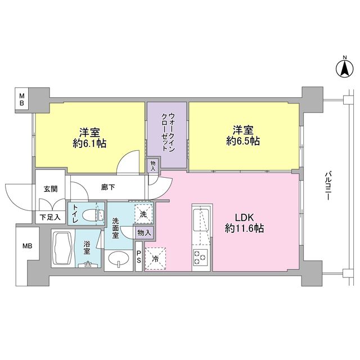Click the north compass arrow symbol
tap(345, 69)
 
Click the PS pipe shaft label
tap(139, 257)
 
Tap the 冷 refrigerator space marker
tap(155, 259)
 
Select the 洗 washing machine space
tap(143, 214)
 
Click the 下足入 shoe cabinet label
tap(50, 217)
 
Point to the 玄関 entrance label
tap(51, 189)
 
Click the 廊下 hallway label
tap(108, 187)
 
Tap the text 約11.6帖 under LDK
tap(244, 228)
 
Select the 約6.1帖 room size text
tap(89, 143)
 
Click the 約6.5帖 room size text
tap(243, 141)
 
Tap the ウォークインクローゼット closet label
tap(168, 132)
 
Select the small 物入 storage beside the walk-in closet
tap(153, 166)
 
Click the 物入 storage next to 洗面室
tap(144, 233)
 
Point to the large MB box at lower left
tap(28, 246)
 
